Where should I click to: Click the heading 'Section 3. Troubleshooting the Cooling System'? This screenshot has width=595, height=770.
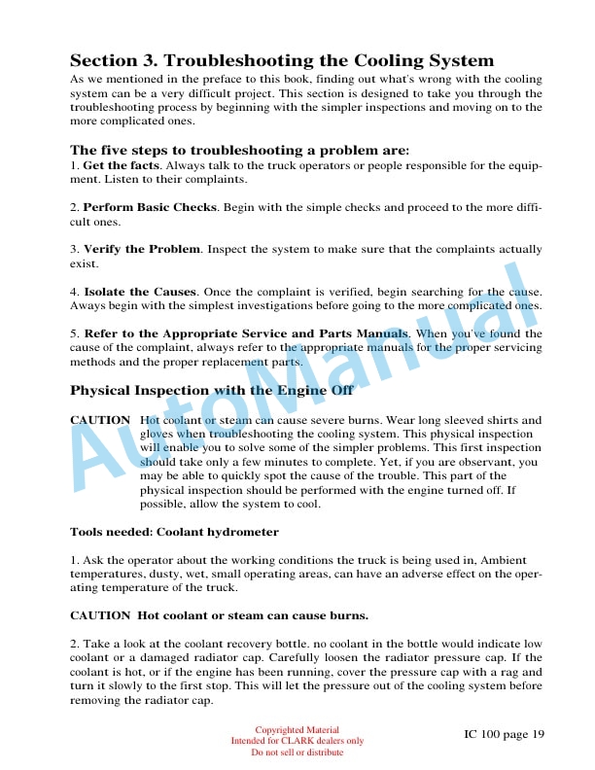pos(282,60)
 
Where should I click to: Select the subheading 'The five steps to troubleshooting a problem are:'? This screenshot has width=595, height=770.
pos(239,151)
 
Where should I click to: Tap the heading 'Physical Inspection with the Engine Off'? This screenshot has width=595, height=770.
pos(211,391)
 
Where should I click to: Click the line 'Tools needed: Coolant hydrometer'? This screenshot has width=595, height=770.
pos(174,532)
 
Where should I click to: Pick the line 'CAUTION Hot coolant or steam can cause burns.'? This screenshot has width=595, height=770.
pos(219,615)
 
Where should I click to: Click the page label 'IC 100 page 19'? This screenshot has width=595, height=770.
pos(504,734)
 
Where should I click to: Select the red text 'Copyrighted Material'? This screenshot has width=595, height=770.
pos(297,730)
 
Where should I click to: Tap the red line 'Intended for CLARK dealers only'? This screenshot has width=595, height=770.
pos(297,741)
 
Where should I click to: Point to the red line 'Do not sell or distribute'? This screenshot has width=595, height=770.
pos(297,752)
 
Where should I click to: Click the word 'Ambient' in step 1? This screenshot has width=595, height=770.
pos(506,560)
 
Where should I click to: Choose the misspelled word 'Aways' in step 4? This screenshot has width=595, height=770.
pos(87,305)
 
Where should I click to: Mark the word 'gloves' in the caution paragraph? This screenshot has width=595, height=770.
pos(158,434)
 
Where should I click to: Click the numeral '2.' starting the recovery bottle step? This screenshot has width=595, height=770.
pos(75,645)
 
